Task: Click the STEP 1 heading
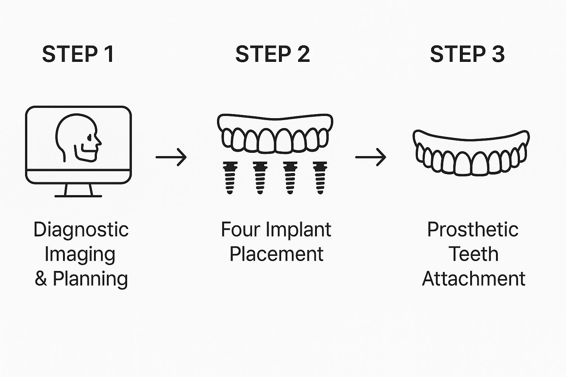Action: [78, 54]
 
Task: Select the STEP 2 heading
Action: [273, 54]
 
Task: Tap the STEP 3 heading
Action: [467, 54]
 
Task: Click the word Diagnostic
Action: [81, 230]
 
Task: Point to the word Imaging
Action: [80, 254]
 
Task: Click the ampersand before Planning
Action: [41, 279]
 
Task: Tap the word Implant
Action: [298, 230]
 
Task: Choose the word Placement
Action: [276, 254]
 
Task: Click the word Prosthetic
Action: [473, 230]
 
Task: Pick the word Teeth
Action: [474, 254]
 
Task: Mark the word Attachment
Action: [474, 279]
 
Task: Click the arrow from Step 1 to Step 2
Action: [171, 157]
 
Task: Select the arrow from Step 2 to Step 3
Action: [371, 157]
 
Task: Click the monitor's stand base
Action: [78, 195]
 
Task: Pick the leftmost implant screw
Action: [230, 177]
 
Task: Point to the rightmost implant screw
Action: [320, 177]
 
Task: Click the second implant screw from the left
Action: [260, 177]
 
